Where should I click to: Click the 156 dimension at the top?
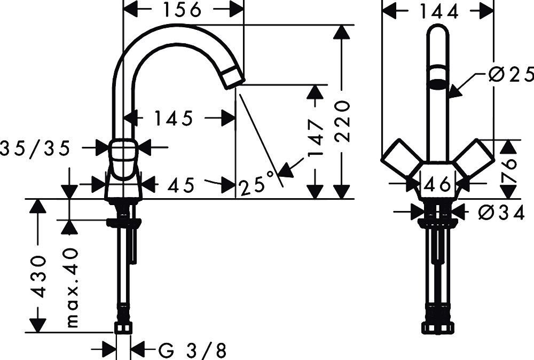click(x=183, y=10)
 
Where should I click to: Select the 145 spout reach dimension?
click(x=174, y=119)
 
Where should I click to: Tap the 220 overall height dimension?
click(x=343, y=122)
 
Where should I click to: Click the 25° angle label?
click(x=258, y=185)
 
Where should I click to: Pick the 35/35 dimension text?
click(x=35, y=149)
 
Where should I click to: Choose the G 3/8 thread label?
click(x=193, y=350)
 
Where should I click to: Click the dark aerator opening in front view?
click(x=438, y=83)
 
